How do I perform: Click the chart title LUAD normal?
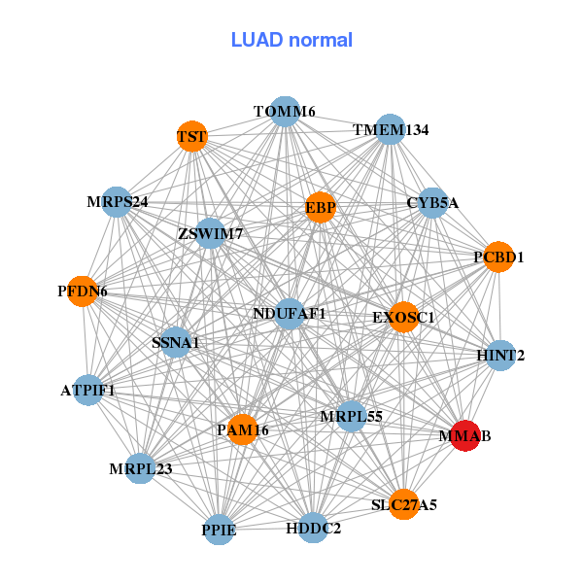[291, 40]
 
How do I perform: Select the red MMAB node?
[464, 436]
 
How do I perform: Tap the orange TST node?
[191, 137]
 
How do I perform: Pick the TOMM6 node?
[284, 112]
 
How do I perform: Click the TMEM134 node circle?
[390, 129]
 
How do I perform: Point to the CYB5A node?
[432, 203]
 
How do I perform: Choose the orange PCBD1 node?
[498, 257]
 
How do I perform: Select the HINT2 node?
[500, 356]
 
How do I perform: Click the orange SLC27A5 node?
[404, 504]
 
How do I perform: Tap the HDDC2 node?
[313, 528]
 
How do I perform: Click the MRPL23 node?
[140, 468]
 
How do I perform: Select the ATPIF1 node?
[87, 391]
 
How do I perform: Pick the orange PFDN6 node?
[83, 291]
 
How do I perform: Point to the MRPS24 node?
[117, 202]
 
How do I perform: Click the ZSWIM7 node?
[210, 233]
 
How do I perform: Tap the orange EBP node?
[321, 207]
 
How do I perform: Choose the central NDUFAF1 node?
[290, 314]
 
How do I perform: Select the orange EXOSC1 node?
[403, 317]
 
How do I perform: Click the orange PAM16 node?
[242, 429]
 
